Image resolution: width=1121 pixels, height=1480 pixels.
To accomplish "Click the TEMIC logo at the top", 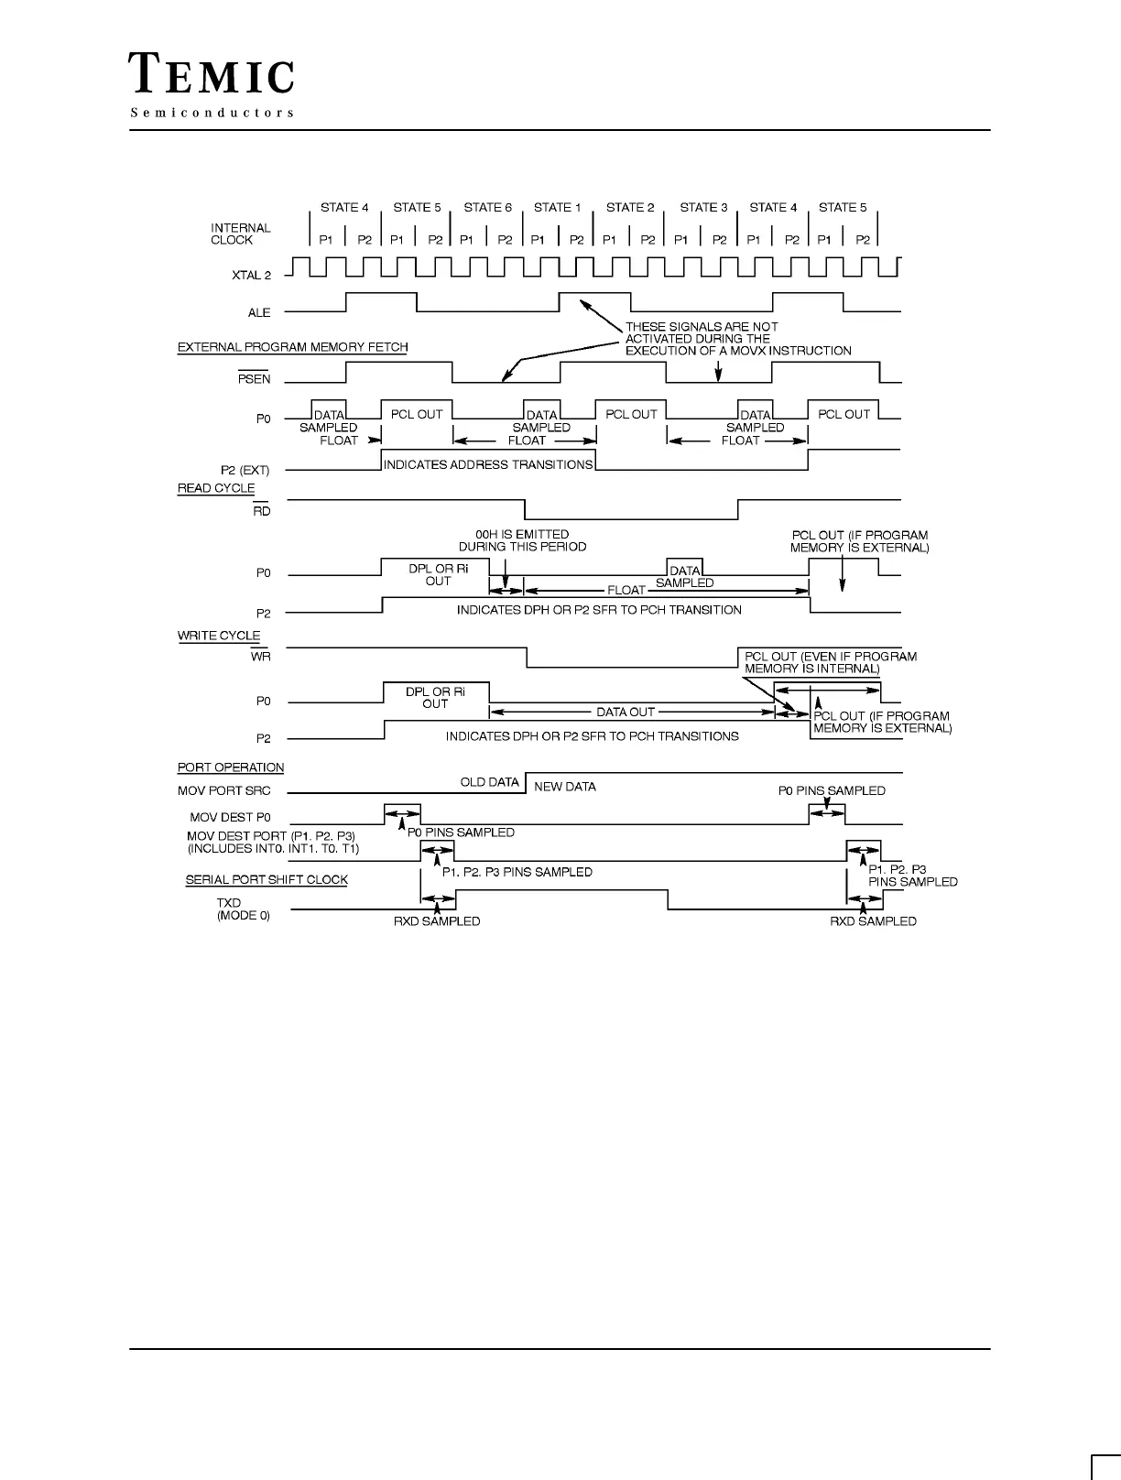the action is coord(212,73).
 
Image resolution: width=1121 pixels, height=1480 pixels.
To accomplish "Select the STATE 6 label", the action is coord(487,208).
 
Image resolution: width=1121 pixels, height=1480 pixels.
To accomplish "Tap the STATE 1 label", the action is coord(557,208).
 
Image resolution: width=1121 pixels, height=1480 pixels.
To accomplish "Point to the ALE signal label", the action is coord(259,313).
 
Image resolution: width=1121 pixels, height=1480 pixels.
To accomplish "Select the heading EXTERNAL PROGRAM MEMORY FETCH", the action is coord(292,347).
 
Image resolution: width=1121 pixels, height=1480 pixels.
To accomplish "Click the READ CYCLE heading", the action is coord(215,488).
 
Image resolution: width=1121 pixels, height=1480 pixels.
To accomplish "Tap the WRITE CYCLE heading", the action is coord(219,636).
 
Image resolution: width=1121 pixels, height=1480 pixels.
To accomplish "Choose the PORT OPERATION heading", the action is coord(231,767).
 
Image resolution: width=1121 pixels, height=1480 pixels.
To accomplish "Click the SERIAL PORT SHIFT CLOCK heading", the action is coord(267,879).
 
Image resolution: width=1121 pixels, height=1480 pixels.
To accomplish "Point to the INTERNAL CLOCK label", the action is coord(241,234).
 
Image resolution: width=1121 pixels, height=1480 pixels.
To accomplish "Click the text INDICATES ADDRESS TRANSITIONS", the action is coord(488,464).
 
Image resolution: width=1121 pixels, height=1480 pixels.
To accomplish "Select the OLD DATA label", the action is coord(489,782).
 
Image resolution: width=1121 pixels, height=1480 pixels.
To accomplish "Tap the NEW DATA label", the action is coord(564,787).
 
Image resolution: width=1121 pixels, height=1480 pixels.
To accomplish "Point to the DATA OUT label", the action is coord(626,712).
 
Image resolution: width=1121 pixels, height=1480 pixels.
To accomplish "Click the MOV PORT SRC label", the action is coord(223,791).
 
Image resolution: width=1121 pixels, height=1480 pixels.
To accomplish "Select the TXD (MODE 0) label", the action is coord(243,909).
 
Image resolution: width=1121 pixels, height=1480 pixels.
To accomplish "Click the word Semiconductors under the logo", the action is coord(212,113).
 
